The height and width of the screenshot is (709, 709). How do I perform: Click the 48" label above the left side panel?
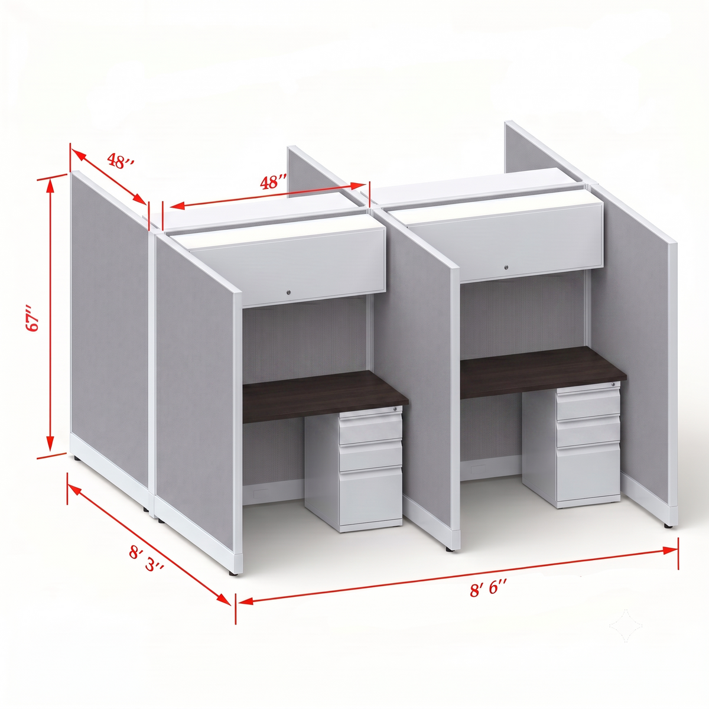[121, 161]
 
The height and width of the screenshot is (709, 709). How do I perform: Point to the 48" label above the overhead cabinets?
[273, 182]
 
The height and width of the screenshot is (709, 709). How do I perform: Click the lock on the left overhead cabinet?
[288, 292]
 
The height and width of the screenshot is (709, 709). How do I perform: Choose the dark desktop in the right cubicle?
[543, 372]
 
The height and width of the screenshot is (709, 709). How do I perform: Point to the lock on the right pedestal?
[613, 385]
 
